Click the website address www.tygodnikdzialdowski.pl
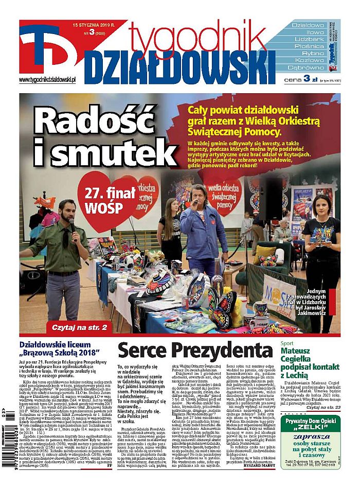[47, 80]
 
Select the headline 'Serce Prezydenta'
[195, 351]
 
